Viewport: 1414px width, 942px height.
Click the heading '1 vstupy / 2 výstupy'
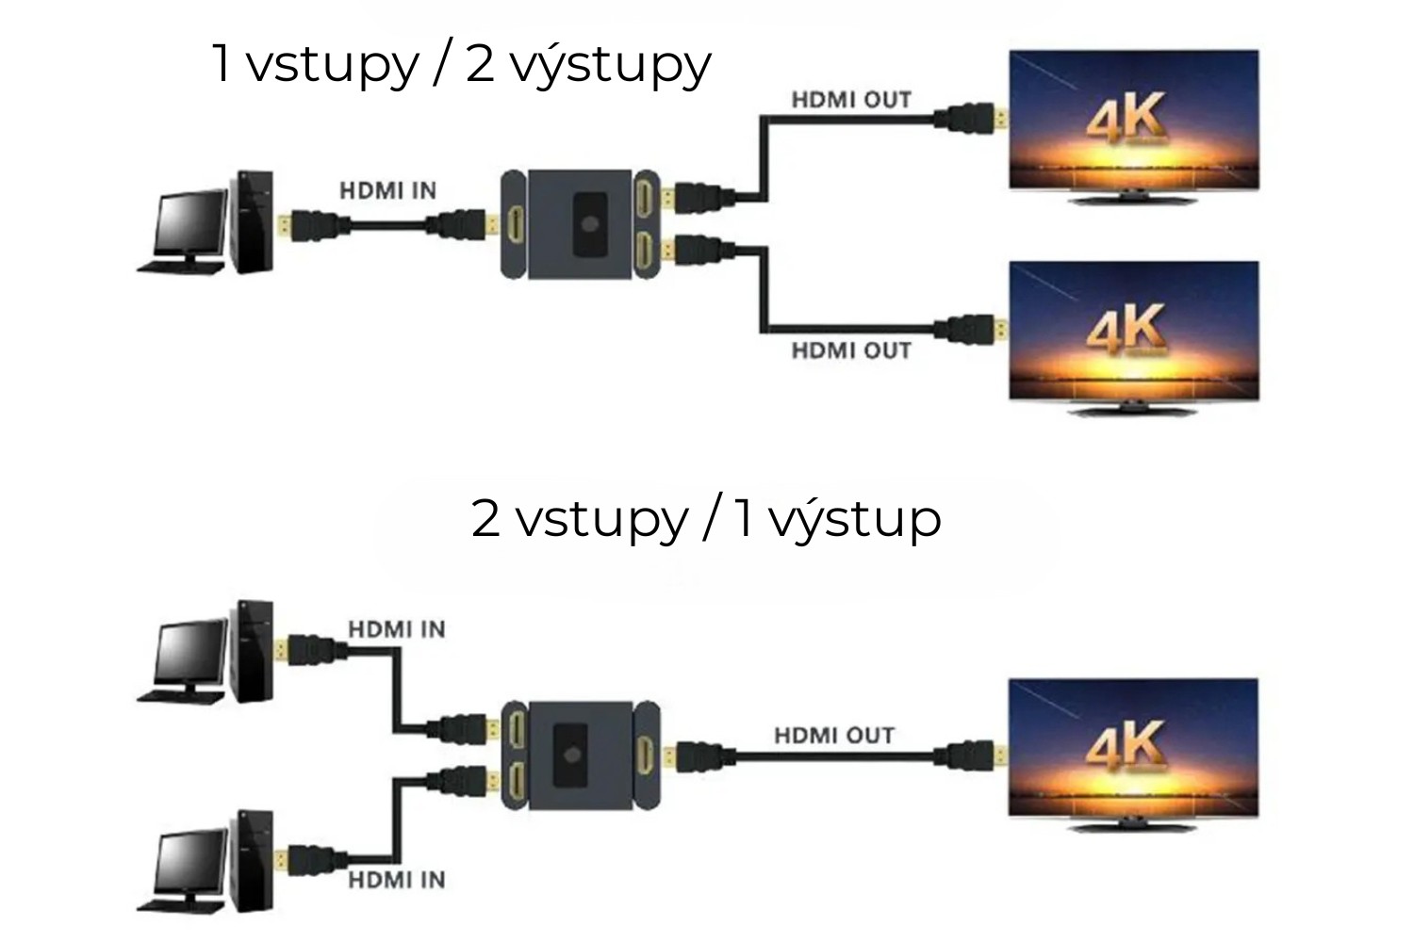(461, 64)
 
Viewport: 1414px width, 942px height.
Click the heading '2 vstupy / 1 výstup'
(706, 518)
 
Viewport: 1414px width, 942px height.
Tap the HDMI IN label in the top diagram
(387, 191)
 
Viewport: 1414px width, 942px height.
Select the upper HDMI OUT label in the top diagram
(851, 100)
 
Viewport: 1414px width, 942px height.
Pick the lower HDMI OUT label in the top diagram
(851, 351)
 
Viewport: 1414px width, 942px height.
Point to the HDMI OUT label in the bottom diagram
(834, 736)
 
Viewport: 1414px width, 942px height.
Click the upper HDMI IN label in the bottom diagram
(397, 629)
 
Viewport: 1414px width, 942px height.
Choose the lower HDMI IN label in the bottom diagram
(397, 881)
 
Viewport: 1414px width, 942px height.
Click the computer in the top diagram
(206, 224)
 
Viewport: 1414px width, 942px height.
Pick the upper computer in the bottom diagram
(206, 653)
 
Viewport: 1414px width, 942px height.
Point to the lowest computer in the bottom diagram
(206, 862)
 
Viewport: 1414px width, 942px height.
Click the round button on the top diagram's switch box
(590, 224)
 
